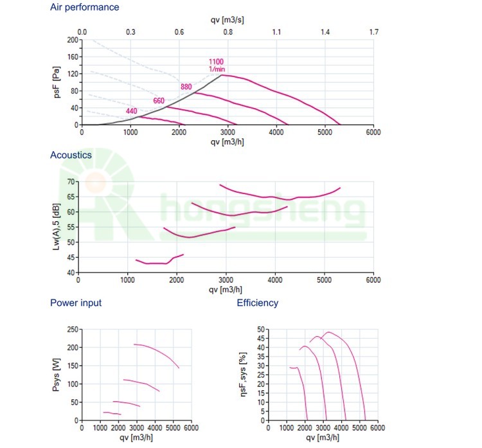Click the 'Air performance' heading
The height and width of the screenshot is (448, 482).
click(84, 8)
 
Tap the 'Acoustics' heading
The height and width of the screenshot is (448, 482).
click(71, 155)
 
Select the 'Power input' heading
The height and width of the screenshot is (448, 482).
click(76, 303)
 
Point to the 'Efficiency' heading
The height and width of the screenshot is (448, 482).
click(258, 303)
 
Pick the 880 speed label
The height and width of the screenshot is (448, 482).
click(186, 87)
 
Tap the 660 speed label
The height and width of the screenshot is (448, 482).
click(159, 100)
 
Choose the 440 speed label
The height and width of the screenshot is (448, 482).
click(132, 111)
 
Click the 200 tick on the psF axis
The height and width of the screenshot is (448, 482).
click(72, 40)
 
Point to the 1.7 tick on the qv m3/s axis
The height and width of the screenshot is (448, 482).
click(373, 31)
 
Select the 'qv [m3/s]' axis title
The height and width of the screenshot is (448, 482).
click(227, 19)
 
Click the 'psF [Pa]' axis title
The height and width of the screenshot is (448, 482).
click(56, 82)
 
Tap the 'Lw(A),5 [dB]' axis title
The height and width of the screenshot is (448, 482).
click(57, 228)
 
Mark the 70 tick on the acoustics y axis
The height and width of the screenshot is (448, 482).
click(70, 181)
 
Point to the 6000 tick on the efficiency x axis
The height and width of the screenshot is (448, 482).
click(377, 427)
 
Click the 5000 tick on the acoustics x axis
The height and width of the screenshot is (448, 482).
click(323, 280)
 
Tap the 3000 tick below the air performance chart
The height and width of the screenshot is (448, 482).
click(228, 132)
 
